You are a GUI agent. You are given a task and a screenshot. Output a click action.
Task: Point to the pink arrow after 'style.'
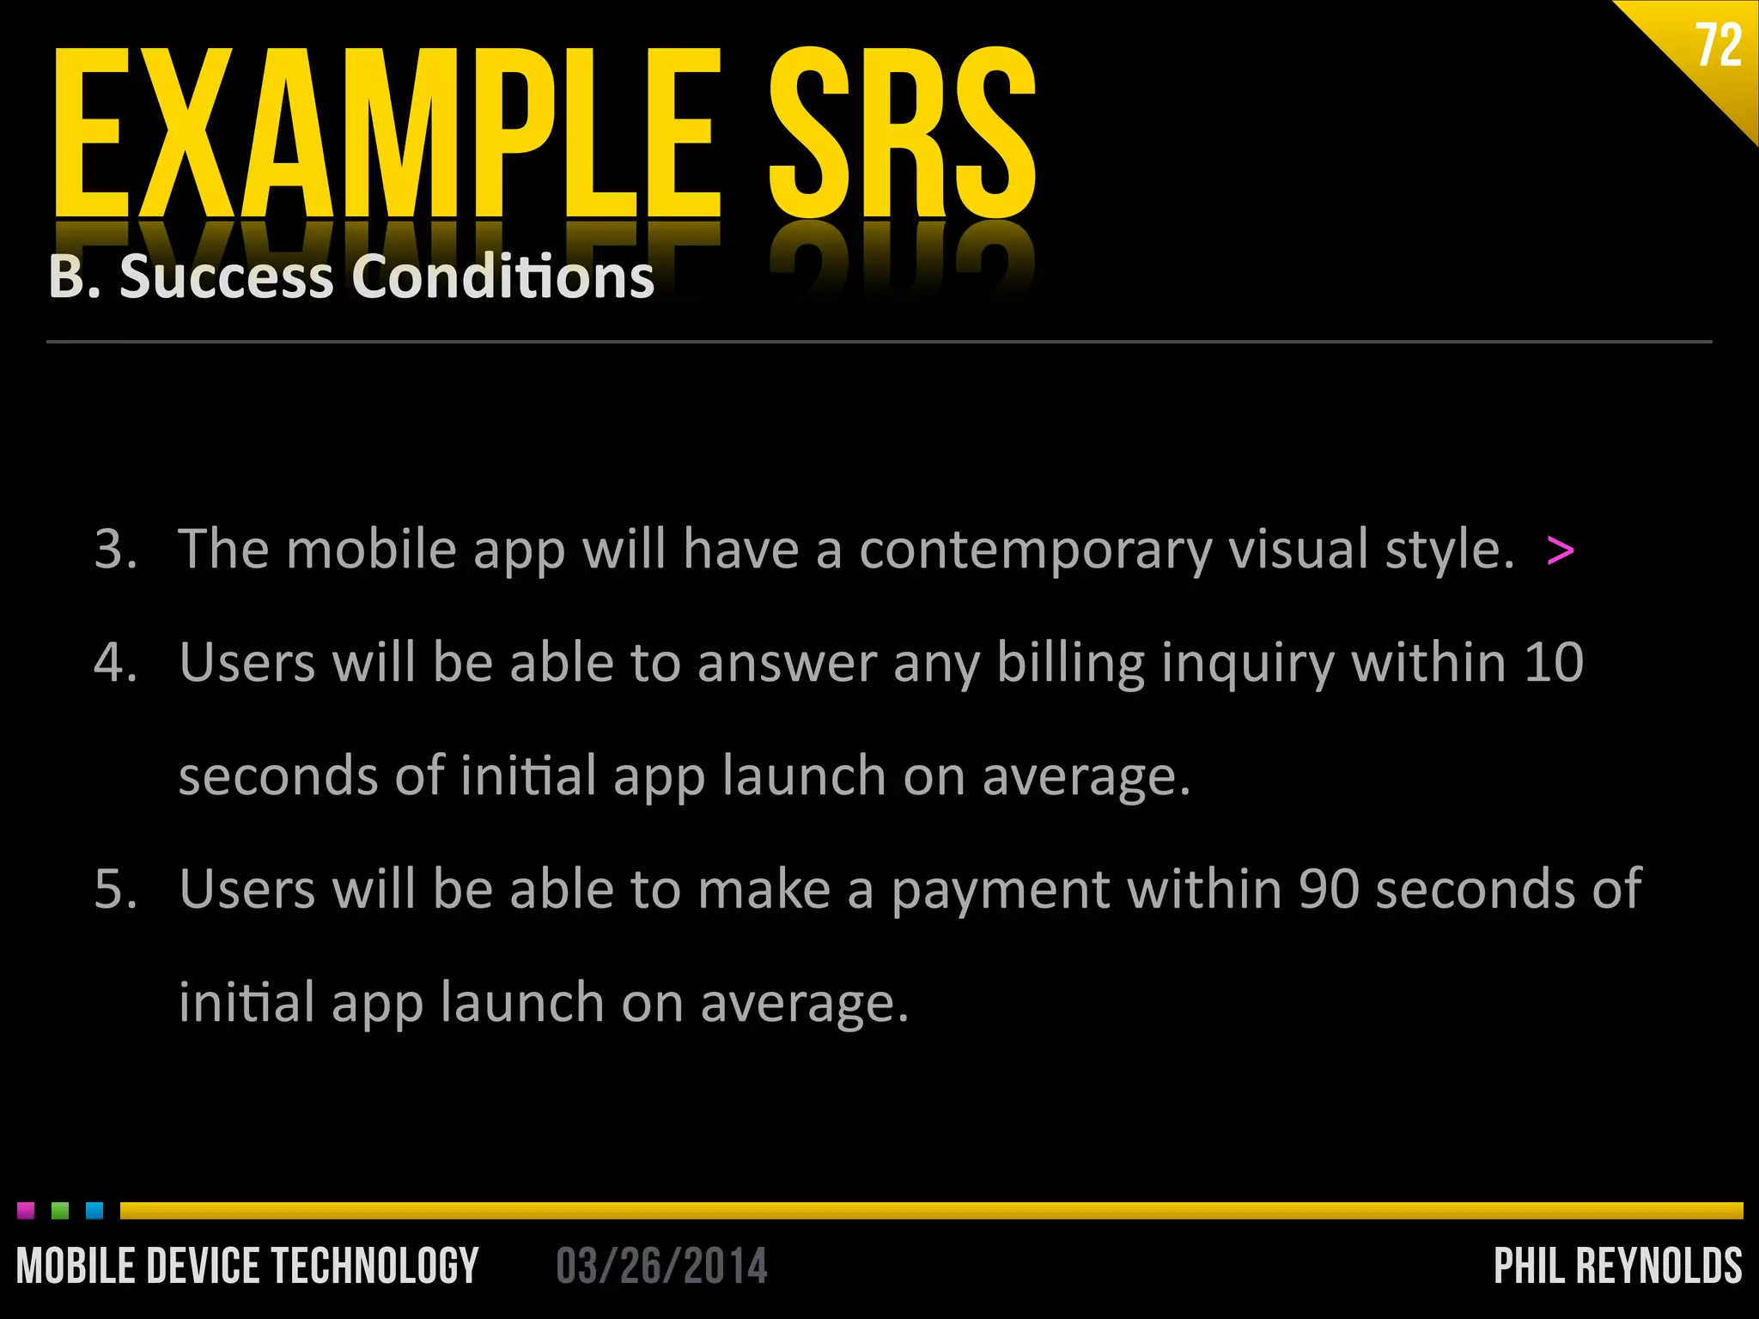(x=1560, y=550)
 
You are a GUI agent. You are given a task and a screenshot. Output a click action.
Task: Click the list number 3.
(x=115, y=549)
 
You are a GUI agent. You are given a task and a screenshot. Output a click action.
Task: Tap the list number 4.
(x=115, y=663)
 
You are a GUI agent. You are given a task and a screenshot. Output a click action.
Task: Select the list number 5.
(x=115, y=889)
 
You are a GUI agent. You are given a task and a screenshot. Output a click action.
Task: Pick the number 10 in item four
(x=1554, y=663)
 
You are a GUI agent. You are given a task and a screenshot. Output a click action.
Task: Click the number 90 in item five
(x=1329, y=889)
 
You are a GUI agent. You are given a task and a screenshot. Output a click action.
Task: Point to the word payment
(x=1001, y=890)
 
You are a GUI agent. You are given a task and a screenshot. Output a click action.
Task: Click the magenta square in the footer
(x=26, y=1210)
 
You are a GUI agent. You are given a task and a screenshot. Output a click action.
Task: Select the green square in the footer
(x=60, y=1210)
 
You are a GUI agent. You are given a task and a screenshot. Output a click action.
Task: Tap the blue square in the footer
(x=94, y=1210)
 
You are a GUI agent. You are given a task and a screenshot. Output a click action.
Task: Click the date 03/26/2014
(x=661, y=1266)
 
